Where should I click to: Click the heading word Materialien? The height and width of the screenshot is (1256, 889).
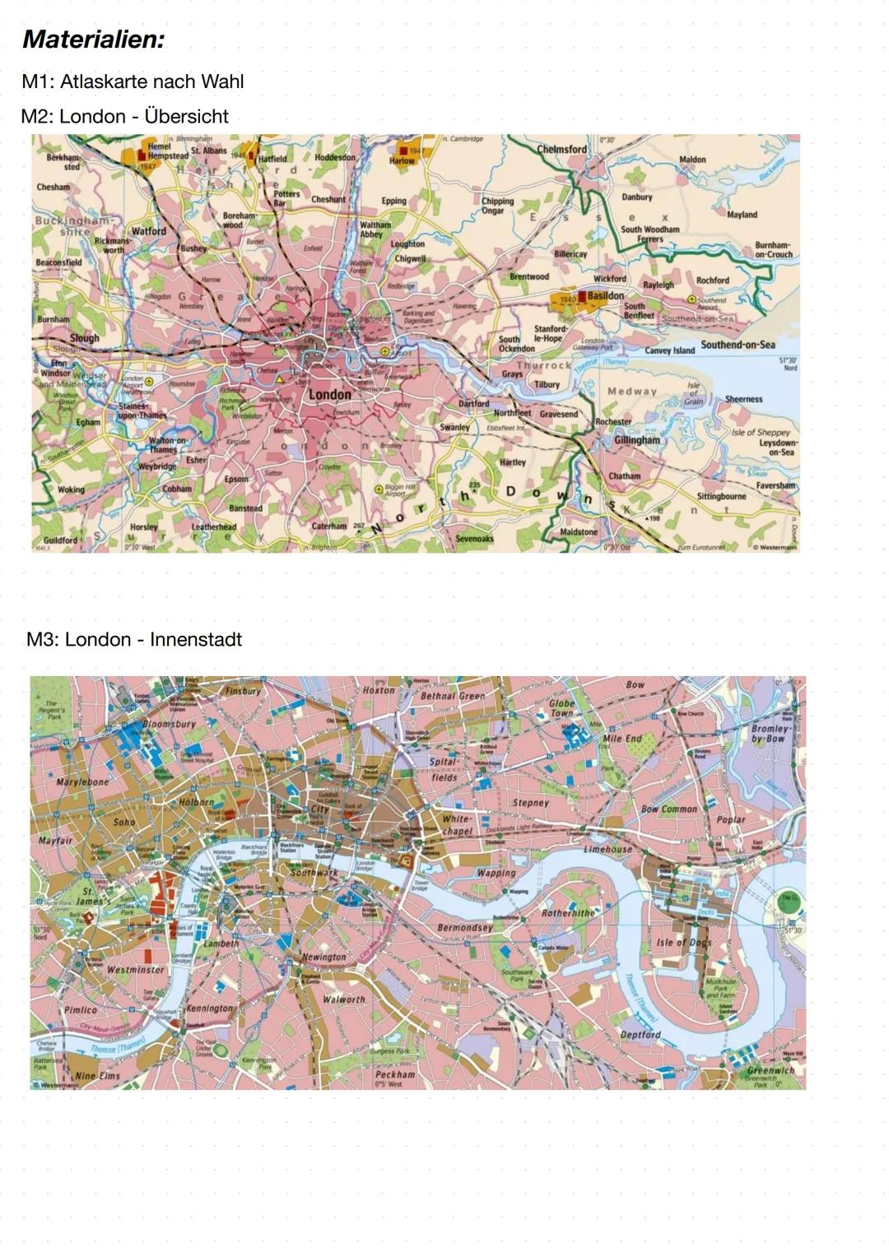click(93, 39)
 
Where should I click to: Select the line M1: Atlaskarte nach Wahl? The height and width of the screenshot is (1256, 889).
click(133, 81)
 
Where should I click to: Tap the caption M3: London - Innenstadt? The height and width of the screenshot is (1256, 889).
click(134, 639)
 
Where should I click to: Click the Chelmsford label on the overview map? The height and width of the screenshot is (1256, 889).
click(561, 150)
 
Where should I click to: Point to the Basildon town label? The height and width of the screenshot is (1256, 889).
click(605, 295)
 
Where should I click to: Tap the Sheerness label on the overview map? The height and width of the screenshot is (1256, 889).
click(743, 399)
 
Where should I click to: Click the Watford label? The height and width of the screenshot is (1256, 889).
click(148, 231)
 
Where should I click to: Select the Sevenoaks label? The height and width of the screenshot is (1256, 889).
click(474, 539)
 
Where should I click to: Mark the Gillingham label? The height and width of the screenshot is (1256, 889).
click(636, 440)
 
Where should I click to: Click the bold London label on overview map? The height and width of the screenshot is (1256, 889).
click(329, 395)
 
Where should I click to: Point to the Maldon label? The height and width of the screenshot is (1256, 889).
click(691, 160)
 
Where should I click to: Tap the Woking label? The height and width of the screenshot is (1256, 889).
click(71, 489)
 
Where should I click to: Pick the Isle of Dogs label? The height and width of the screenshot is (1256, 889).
click(683, 943)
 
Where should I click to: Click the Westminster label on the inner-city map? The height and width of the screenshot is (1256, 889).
click(136, 970)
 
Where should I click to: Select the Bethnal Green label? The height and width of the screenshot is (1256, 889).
click(453, 696)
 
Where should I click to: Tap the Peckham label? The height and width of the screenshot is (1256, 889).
click(395, 1074)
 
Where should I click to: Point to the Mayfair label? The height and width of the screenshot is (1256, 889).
click(55, 841)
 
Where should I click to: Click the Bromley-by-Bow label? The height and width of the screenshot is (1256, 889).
click(770, 734)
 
